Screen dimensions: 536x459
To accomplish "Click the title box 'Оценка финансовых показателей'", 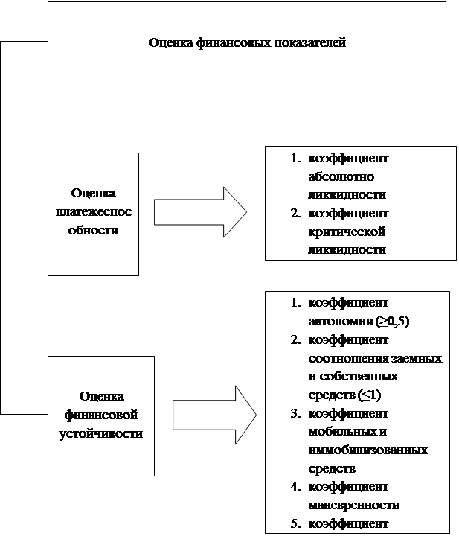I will click(246, 41).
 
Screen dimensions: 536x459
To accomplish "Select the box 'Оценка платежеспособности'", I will click(93, 213).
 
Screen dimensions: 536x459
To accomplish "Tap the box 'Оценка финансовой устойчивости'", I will click(100, 415).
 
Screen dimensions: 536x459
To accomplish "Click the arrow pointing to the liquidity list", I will click(200, 211).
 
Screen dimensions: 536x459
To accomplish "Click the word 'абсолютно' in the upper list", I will click(335, 177).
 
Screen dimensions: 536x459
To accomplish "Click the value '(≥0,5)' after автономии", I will click(393, 322).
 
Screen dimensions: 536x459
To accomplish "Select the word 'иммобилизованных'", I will click(367, 450).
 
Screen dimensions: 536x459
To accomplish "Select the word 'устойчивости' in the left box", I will click(100, 433).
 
